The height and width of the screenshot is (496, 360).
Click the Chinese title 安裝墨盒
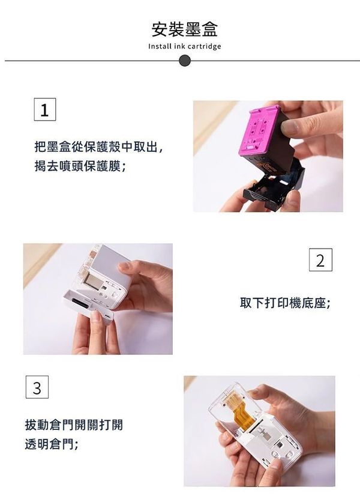(185, 30)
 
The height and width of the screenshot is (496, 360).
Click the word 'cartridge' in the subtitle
(204, 46)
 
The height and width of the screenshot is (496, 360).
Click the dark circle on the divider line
(185, 61)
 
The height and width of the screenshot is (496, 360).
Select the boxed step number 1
(45, 109)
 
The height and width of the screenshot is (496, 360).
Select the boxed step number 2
(320, 260)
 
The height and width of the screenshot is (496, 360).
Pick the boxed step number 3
(37, 387)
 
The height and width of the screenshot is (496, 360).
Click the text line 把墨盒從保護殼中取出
(98, 147)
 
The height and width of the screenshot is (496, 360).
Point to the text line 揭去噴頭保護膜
(80, 166)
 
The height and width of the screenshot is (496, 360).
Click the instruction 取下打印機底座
(285, 303)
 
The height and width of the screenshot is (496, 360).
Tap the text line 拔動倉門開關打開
(74, 425)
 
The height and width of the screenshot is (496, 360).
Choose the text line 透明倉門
(51, 444)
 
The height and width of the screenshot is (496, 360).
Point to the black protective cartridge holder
(274, 186)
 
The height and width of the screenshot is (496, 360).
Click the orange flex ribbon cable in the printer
(242, 410)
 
